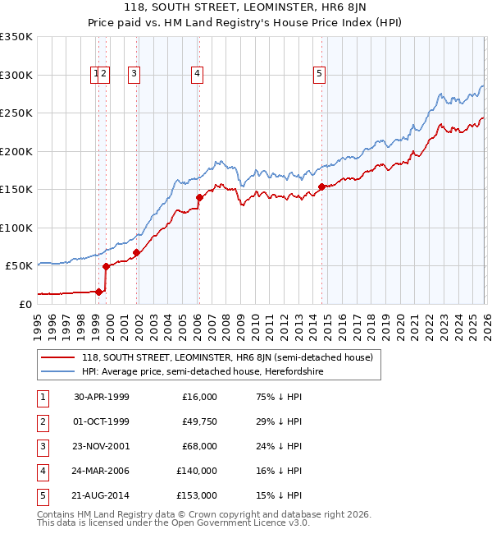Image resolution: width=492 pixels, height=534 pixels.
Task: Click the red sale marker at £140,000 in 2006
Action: coord(199,197)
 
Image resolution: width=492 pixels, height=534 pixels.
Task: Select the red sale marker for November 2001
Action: coord(136,252)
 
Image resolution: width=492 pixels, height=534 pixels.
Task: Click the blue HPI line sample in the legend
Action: coord(58,372)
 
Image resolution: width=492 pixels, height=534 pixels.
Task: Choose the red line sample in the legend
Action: coord(58,357)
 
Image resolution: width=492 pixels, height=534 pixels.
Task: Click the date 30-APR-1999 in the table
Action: coord(102,397)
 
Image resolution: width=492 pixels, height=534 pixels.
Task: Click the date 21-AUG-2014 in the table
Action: coord(102,495)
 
